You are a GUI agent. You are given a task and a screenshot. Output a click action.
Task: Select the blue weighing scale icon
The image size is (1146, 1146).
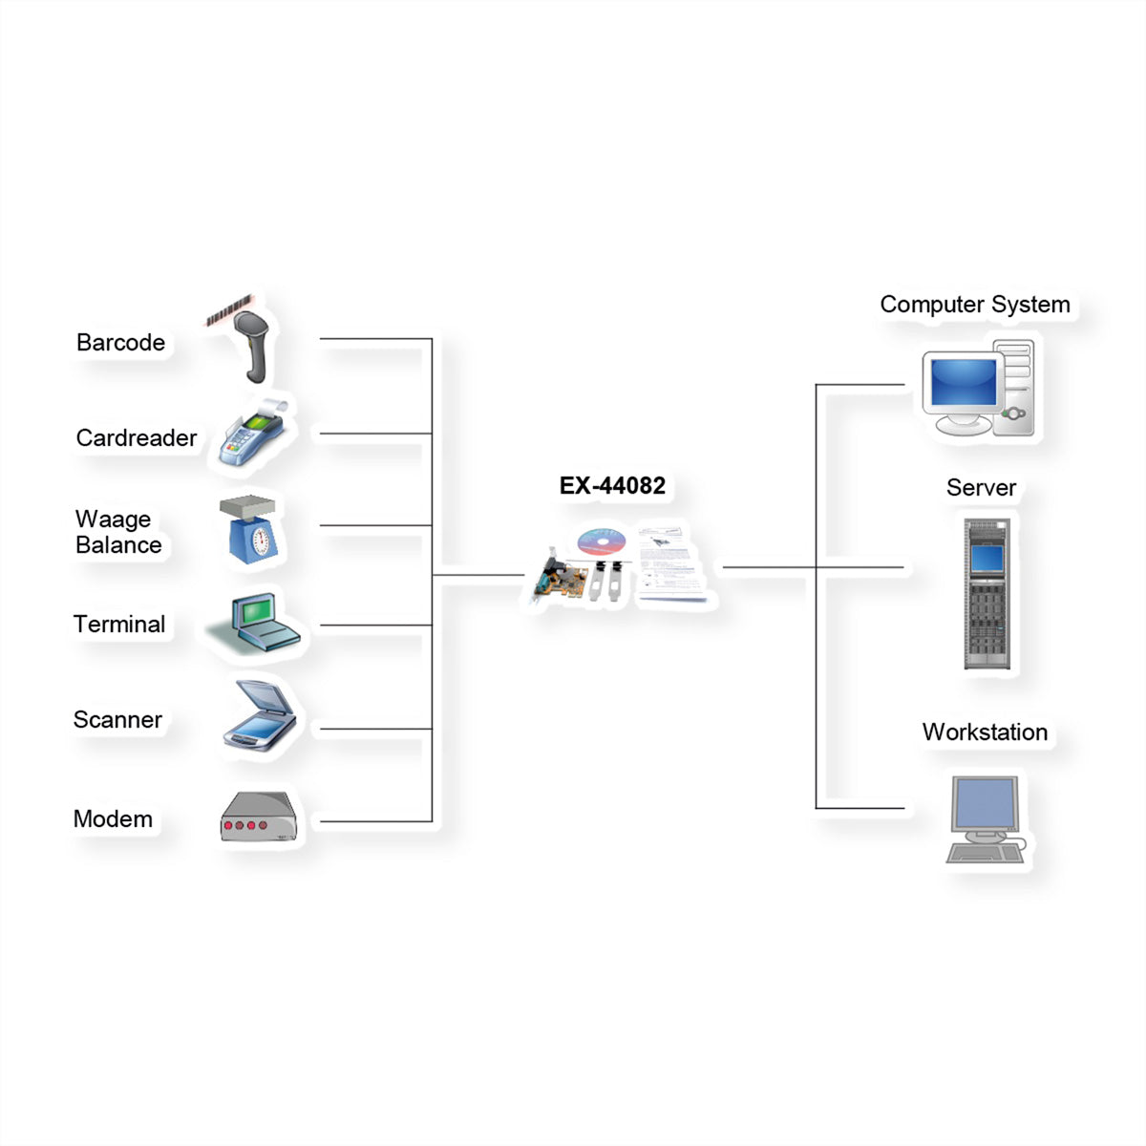pyautogui.click(x=250, y=529)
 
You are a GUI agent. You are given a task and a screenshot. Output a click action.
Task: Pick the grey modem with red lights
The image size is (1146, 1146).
pyautogui.click(x=259, y=817)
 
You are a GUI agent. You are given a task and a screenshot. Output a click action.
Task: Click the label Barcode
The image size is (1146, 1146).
pyautogui.click(x=120, y=343)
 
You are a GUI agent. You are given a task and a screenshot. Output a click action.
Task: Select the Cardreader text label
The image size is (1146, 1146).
pyautogui.click(x=137, y=438)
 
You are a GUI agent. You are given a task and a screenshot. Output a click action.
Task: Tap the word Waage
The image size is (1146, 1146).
pyautogui.click(x=113, y=520)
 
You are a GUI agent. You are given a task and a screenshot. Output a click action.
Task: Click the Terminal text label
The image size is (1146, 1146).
pyautogui.click(x=119, y=625)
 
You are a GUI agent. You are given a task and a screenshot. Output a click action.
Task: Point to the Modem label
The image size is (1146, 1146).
pyautogui.click(x=113, y=818)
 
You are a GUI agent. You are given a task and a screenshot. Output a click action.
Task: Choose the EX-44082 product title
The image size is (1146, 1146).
pyautogui.click(x=612, y=486)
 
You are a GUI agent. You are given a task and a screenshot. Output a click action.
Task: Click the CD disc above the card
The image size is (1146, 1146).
pyautogui.click(x=602, y=541)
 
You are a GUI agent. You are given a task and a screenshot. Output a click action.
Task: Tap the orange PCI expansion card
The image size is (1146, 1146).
pyautogui.click(x=561, y=579)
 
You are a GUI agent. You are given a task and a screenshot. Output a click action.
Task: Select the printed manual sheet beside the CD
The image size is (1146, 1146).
pyautogui.click(x=670, y=563)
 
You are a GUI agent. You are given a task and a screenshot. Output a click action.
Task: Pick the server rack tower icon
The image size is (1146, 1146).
pyautogui.click(x=987, y=593)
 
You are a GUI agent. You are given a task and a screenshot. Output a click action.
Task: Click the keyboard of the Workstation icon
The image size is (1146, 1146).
pyautogui.click(x=986, y=854)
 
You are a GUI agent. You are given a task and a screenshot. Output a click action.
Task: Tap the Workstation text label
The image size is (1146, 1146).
pyautogui.click(x=985, y=732)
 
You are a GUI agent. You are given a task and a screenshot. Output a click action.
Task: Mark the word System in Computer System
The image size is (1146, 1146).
pyautogui.click(x=1030, y=305)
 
